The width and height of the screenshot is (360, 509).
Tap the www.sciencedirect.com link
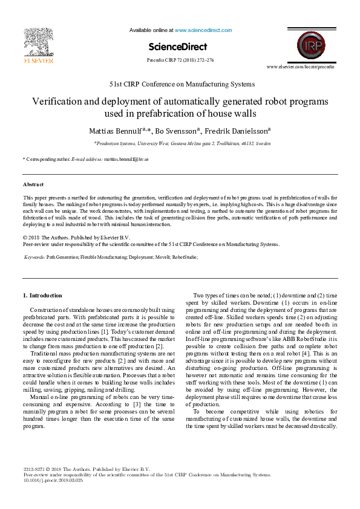(203, 30)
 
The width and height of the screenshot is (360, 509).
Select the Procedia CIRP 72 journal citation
(180, 60)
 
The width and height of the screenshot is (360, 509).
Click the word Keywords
(34, 257)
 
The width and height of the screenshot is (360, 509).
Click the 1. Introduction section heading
(42, 296)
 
